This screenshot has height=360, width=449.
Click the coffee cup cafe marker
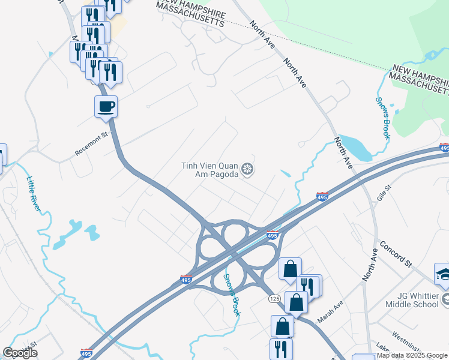pyautogui.click(x=106, y=107)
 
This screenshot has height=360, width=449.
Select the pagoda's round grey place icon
pyautogui.click(x=247, y=169)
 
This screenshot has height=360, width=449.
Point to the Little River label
pyautogui.click(x=34, y=193)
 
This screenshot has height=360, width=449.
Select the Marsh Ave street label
pyautogui.click(x=330, y=311)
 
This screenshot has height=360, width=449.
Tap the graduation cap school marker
pyautogui.click(x=444, y=274)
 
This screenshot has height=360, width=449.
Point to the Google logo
pyautogui.click(x=20, y=353)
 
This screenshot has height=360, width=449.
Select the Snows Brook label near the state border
pyautogui.click(x=383, y=118)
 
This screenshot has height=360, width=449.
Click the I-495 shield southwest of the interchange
pyautogui.click(x=186, y=280)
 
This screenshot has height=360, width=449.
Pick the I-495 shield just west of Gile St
pyautogui.click(x=322, y=196)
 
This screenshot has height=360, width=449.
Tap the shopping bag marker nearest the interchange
pyautogui.click(x=290, y=269)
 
